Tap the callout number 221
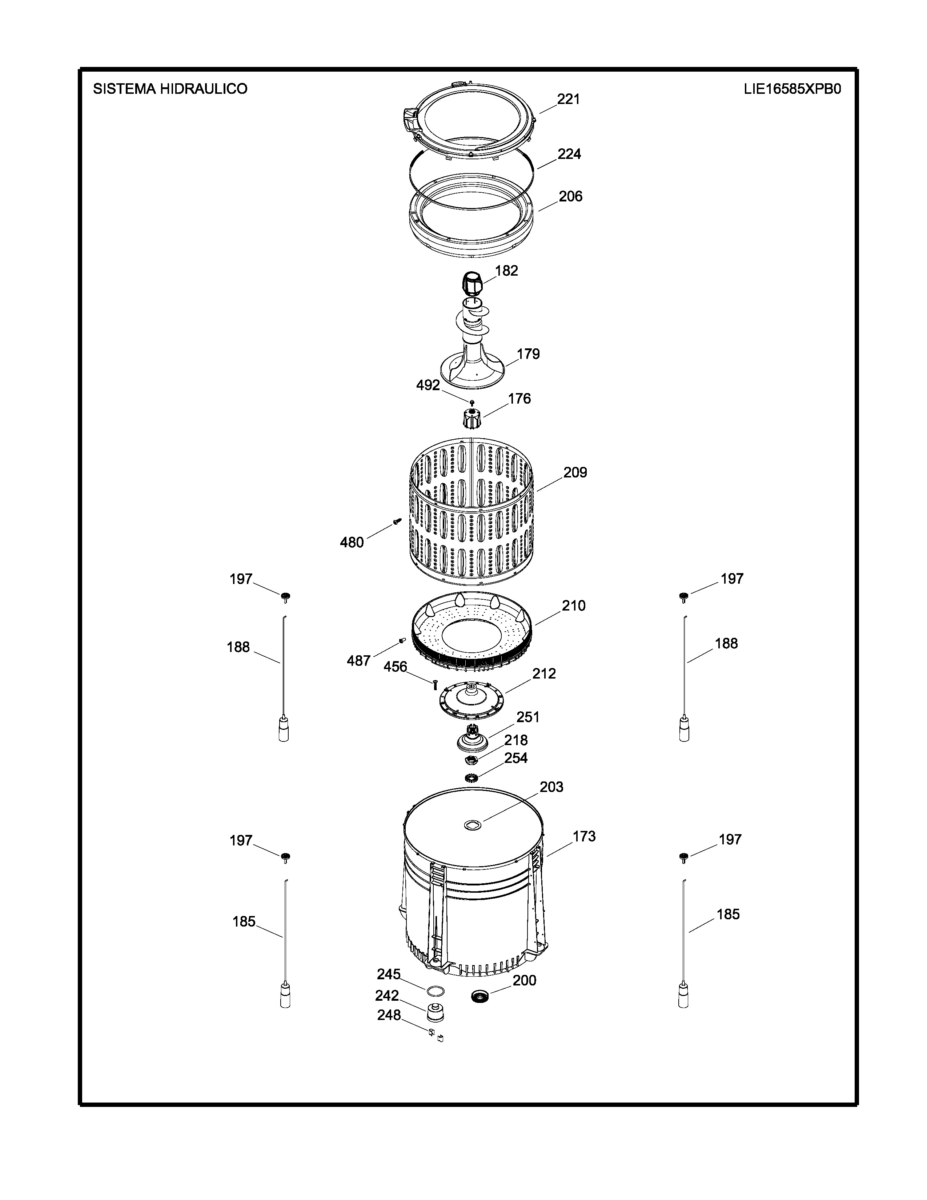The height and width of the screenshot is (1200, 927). point(569,99)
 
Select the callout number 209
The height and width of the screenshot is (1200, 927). point(575,472)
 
